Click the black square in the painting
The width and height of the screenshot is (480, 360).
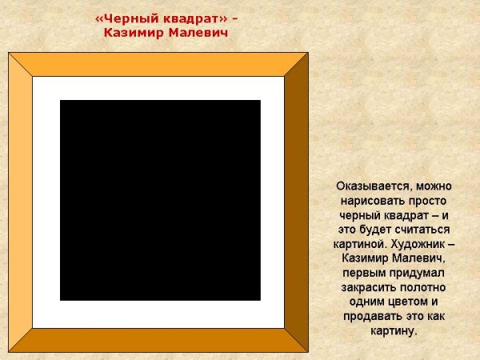(160, 200)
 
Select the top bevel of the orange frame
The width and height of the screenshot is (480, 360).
(158, 64)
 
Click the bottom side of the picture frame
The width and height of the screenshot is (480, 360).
(158, 340)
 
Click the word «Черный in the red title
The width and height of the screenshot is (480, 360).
(122, 18)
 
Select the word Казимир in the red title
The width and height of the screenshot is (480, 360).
(135, 33)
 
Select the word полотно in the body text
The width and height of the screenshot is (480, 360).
(423, 286)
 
